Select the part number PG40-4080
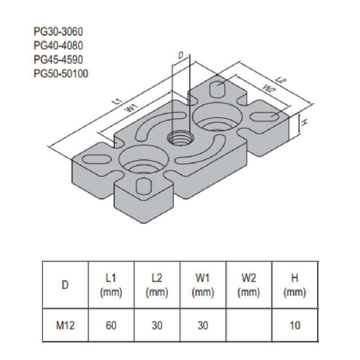pos(58,45)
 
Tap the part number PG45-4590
pos(58,59)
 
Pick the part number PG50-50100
pos(61,73)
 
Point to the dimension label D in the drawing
pos(180,56)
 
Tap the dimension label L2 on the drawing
pos(281,81)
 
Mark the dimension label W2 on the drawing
pos(268,89)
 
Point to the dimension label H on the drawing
pos(304,122)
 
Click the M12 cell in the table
pos(65,325)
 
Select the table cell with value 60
pos(111,325)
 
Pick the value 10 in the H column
pos(295,325)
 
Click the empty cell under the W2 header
pos(249,325)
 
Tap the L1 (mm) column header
pos(111,285)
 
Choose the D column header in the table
pos(65,285)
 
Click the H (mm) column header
pos(295,285)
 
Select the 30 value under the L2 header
pos(157,325)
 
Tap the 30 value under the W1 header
pos(203,325)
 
